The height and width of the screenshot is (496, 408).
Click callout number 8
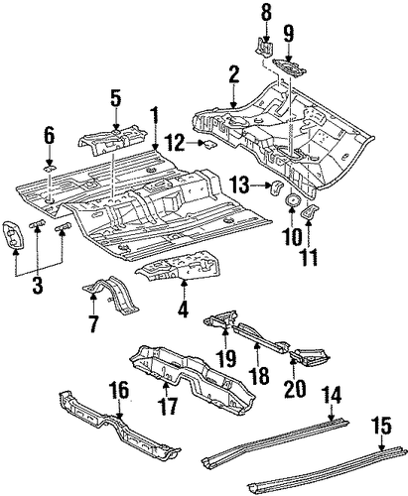pyautogui.click(x=265, y=14)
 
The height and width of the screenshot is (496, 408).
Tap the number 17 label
pyautogui.click(x=168, y=406)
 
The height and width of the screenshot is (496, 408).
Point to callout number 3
pyautogui.click(x=38, y=284)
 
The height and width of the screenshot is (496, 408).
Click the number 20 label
pyautogui.click(x=295, y=388)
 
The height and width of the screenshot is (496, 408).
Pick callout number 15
pyautogui.click(x=381, y=426)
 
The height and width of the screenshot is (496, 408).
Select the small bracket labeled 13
pyautogui.click(x=277, y=187)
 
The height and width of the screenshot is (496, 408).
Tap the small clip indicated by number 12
pyautogui.click(x=209, y=144)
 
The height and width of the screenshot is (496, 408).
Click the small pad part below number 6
pyautogui.click(x=49, y=170)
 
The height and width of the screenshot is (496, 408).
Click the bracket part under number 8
pyautogui.click(x=265, y=47)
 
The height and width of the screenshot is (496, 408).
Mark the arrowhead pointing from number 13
pyautogui.click(x=268, y=186)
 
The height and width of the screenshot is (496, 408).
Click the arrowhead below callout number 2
pyautogui.click(x=234, y=105)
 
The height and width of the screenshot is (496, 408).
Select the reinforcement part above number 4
pyautogui.click(x=178, y=268)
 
